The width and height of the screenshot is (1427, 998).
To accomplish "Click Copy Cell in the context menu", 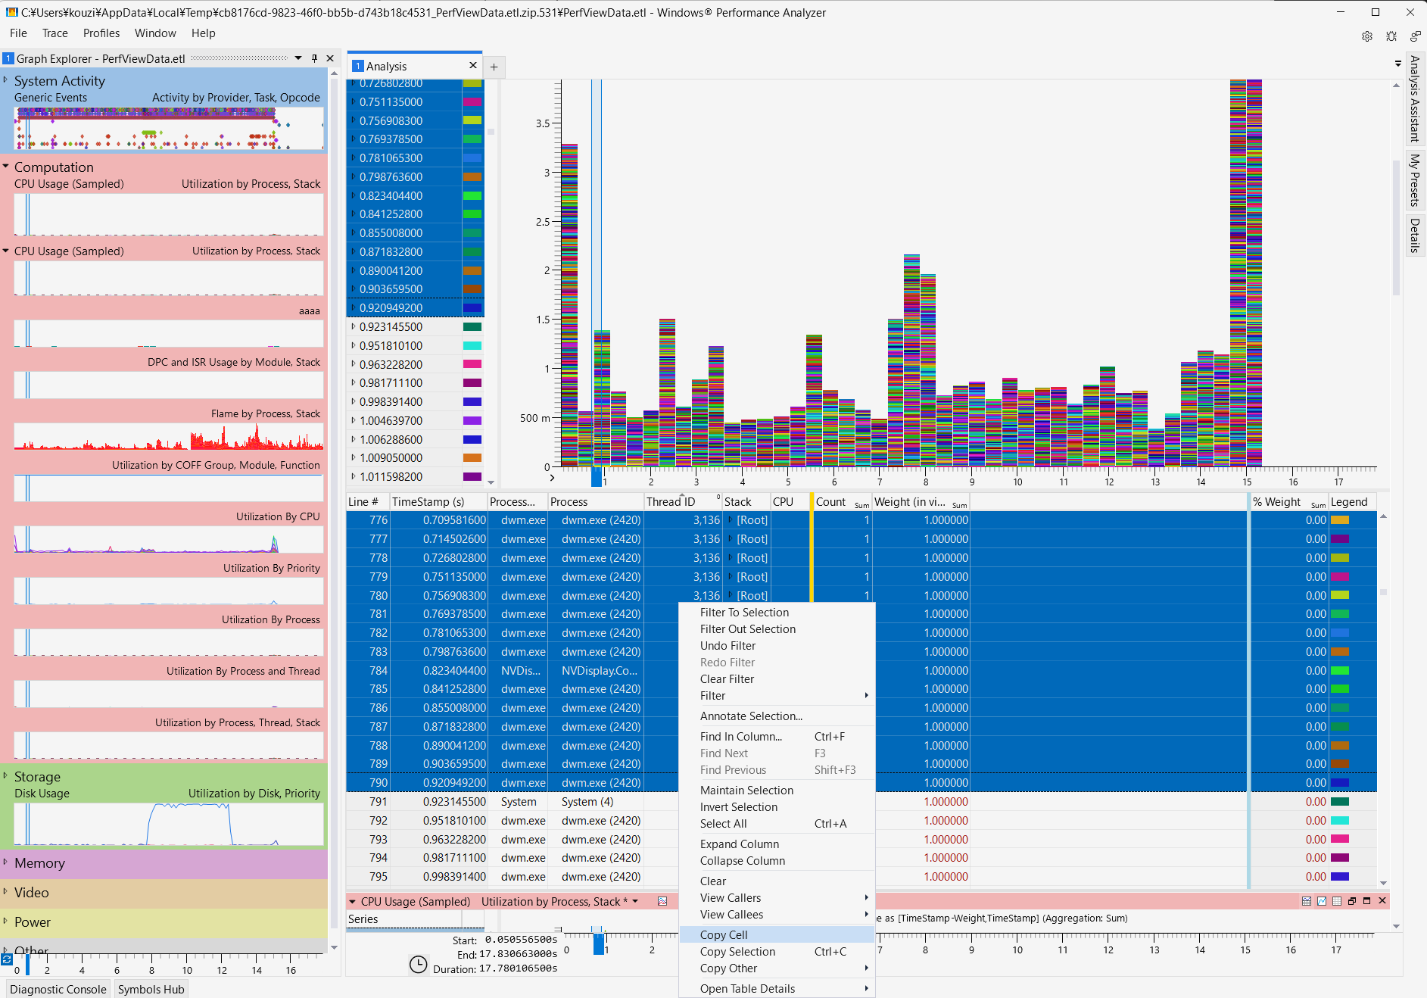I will tap(723, 934).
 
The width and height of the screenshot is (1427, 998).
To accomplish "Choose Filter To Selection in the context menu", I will tap(743, 613).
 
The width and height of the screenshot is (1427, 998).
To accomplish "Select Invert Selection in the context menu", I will tap(738, 807).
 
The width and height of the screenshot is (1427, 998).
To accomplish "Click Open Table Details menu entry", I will tap(747, 988).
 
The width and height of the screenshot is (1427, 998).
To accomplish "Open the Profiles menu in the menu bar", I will tap(101, 33).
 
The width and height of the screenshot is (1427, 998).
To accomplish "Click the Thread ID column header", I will tap(670, 502).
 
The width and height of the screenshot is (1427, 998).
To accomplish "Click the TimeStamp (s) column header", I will tap(428, 502).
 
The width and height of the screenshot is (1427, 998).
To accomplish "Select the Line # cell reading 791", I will tap(378, 802).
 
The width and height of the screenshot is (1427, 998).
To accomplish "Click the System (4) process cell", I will tap(587, 802).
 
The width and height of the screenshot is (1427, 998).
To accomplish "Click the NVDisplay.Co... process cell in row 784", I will tap(599, 671).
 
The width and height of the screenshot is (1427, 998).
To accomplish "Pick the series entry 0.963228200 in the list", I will tap(391, 365).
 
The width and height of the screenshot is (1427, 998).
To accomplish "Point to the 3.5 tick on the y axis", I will tap(543, 123).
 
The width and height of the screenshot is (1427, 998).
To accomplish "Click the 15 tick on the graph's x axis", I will tap(1246, 482).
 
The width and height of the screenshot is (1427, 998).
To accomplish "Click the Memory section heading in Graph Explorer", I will tap(39, 863).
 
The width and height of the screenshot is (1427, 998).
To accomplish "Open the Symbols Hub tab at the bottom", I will tap(151, 989).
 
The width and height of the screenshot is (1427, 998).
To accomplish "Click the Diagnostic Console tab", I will tap(58, 989).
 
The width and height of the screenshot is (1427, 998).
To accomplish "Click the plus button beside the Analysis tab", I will tap(494, 67).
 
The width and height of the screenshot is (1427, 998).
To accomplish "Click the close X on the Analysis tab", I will tap(473, 66).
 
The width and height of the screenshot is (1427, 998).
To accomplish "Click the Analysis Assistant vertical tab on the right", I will tap(1413, 98).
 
